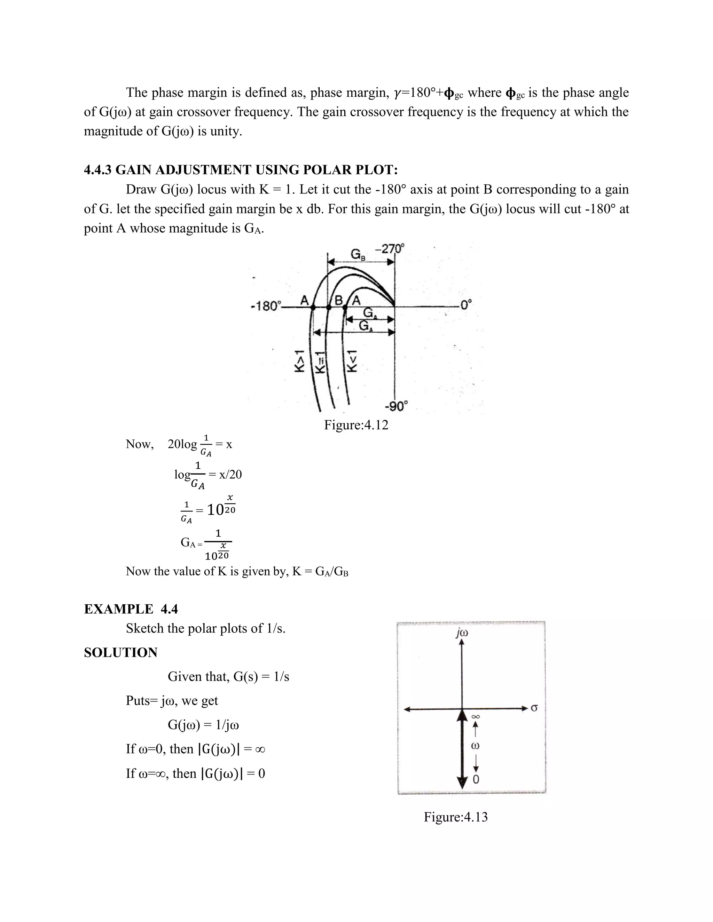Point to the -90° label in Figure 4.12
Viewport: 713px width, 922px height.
pos(396,406)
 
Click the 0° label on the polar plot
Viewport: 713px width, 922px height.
pos(466,304)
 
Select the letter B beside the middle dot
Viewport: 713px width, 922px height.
pos(339,300)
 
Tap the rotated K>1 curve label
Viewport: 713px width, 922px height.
pos(299,361)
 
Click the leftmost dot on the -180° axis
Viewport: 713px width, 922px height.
pos(313,308)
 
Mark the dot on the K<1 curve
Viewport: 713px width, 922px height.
pos(345,308)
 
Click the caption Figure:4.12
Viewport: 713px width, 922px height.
pos(356,425)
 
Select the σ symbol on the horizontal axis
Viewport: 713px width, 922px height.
pos(534,708)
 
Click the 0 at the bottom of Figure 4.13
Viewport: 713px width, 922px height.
pos(476,779)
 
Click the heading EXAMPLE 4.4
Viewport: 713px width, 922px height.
pos(131,609)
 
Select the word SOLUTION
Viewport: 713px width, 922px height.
pos(120,652)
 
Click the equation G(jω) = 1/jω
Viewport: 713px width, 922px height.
pos(203,724)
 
